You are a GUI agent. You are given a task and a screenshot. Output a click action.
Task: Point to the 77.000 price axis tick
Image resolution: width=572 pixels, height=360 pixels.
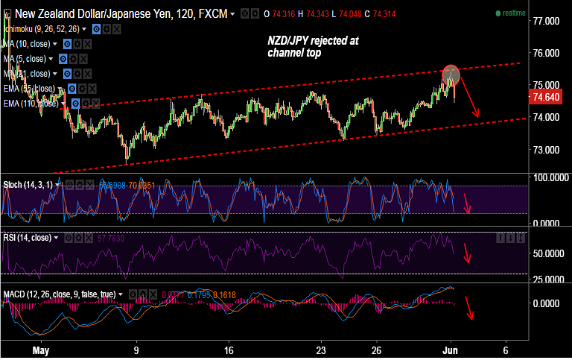(x=546, y=21)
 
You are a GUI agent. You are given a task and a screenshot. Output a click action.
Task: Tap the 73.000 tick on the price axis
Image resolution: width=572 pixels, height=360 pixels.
(x=546, y=150)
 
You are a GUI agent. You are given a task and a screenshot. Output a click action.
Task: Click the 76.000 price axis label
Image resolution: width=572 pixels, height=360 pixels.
(x=546, y=54)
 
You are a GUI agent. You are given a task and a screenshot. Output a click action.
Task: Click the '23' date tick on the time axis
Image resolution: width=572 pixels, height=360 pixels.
(x=320, y=350)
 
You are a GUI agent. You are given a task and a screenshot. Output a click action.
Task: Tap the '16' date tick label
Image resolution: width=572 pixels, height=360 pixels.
(x=229, y=350)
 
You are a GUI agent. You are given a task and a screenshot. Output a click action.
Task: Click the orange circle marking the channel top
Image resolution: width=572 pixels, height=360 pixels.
(x=451, y=74)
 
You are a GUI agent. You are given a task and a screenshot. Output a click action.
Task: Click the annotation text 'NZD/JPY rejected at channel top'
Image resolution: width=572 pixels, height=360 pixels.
(x=314, y=47)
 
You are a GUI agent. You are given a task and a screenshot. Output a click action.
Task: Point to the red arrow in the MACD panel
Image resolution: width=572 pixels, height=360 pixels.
(x=469, y=307)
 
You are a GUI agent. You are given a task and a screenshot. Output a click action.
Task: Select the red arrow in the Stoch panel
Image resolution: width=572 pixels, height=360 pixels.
(x=467, y=203)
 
